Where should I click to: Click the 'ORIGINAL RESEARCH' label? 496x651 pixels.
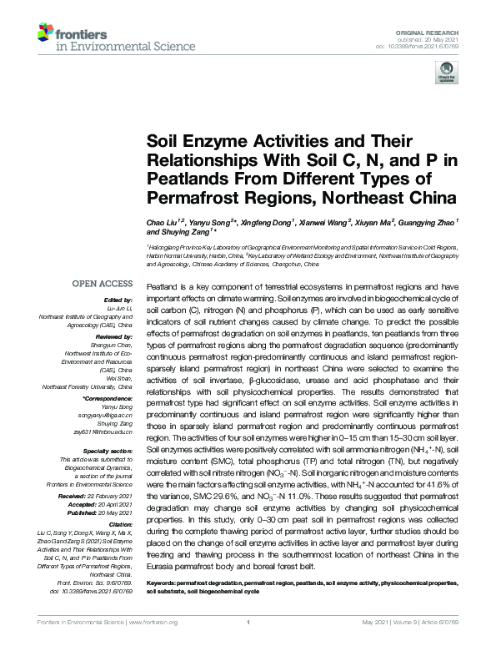(x=436, y=29)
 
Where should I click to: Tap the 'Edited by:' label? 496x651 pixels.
(x=118, y=299)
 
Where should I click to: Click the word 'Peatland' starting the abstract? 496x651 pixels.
(x=161, y=286)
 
